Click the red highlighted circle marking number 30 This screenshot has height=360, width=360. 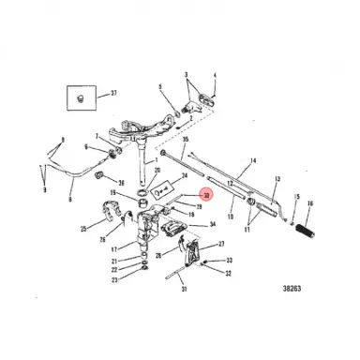206,195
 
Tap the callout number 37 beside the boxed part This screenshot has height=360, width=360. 113,93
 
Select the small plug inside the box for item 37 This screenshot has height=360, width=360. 81,97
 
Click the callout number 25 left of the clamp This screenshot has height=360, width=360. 83,228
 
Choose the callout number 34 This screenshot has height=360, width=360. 213,224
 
